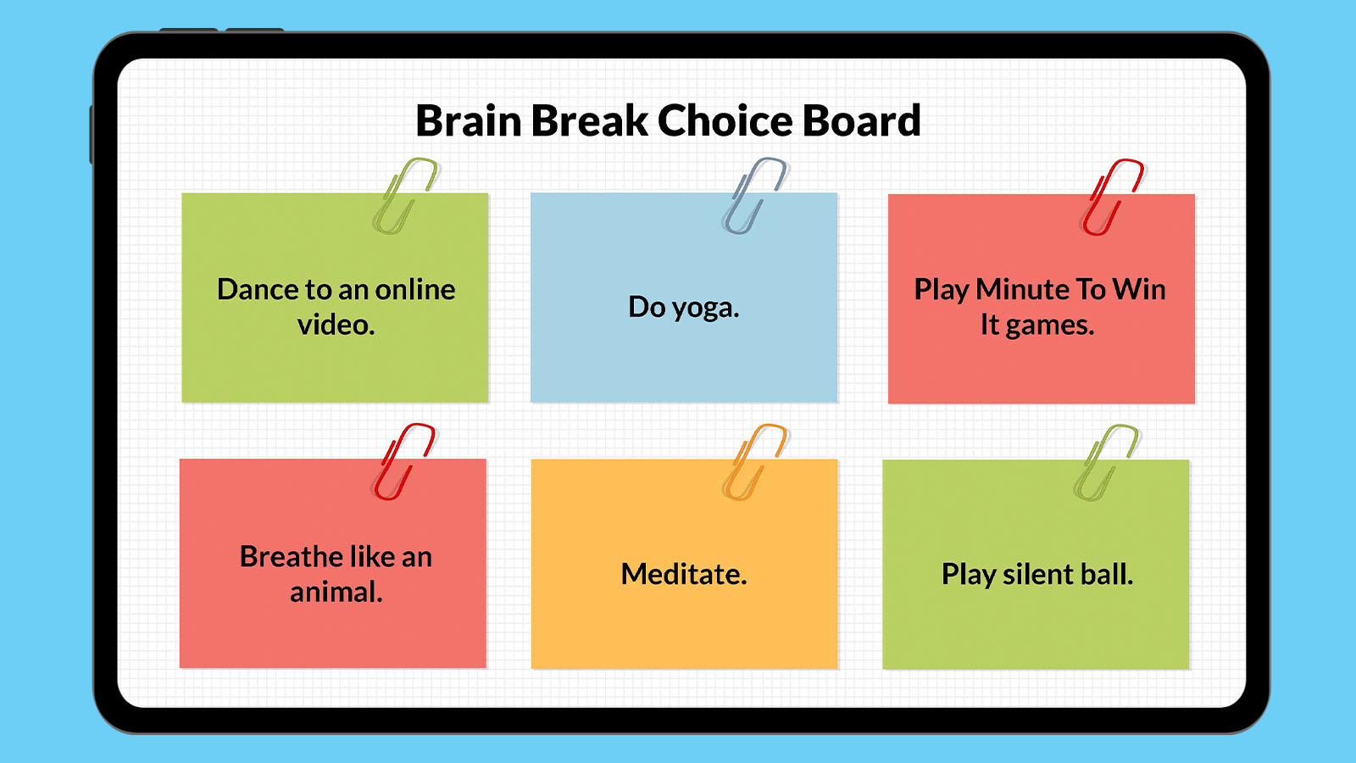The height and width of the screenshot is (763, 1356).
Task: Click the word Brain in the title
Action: click(x=468, y=121)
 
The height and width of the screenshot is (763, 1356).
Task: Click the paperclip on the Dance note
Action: click(x=404, y=196)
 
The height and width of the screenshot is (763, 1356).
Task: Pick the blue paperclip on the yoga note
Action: click(x=753, y=196)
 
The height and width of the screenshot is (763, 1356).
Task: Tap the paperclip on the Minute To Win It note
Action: click(x=1112, y=197)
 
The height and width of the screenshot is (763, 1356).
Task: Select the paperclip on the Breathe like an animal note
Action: click(x=403, y=462)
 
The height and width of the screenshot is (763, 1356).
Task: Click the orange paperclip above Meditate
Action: click(x=753, y=462)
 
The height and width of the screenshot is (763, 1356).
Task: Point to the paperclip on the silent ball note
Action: click(x=1106, y=463)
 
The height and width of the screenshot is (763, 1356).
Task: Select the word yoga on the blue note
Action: click(x=705, y=308)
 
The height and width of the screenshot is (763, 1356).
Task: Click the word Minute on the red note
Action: click(x=1021, y=290)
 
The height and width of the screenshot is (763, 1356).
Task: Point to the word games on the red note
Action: click(x=1049, y=326)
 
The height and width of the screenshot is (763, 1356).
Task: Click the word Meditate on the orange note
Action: click(x=683, y=575)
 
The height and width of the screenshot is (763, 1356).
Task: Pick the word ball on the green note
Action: click(x=1107, y=575)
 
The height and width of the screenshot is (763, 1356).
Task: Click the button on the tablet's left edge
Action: click(x=92, y=134)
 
